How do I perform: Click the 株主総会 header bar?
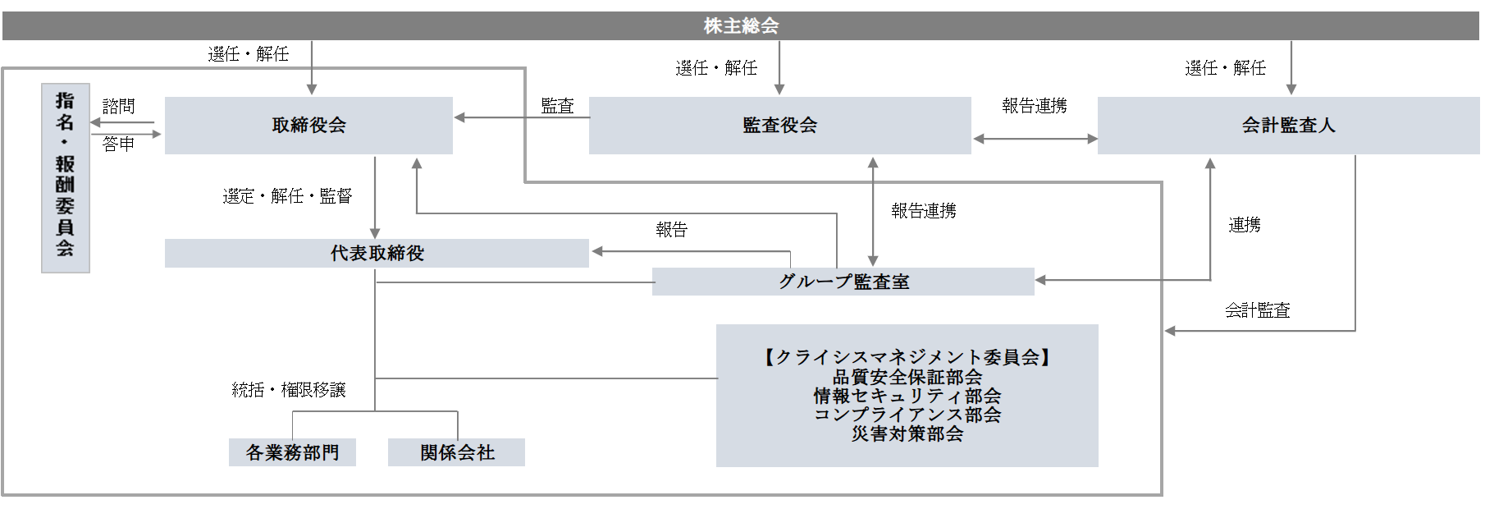pos(741,25)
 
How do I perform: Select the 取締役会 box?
pos(308,126)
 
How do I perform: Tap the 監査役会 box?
pos(779,126)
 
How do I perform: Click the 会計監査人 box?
pos(1288,126)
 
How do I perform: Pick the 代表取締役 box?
pos(377,254)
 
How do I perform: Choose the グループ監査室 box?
pos(843,282)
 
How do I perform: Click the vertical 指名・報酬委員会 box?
pos(65,177)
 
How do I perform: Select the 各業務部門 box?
pos(292,452)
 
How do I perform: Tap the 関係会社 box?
pos(456,452)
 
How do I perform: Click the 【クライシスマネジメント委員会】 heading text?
pos(907,357)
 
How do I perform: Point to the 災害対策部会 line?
pos(907,433)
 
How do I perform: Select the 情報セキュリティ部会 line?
pos(907,396)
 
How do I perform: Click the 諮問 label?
pos(118,107)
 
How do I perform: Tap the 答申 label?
pos(118,144)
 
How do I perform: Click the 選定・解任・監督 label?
pos(287,196)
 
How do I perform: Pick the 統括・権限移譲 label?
pos(289,390)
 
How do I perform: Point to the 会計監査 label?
pos(1257,310)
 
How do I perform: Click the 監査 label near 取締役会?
pos(557,106)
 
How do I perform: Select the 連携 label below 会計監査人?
pos(1244,225)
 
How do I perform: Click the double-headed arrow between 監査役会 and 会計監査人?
pos(1035,139)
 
